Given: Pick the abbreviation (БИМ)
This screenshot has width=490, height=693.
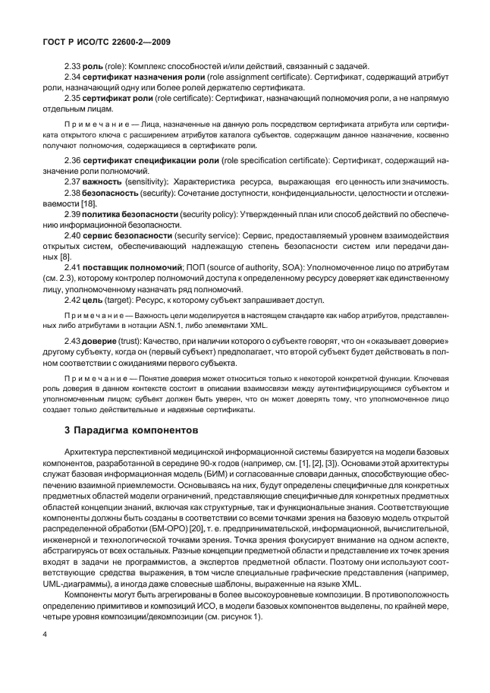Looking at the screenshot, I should pos(237,472).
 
